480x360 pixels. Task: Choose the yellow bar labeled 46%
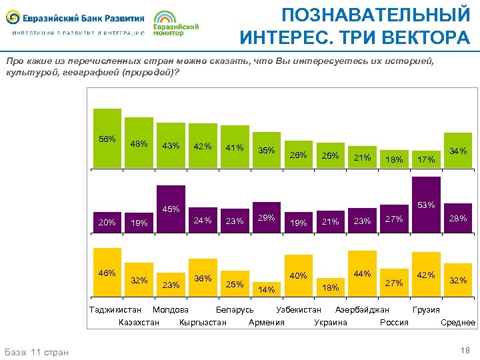[107, 273]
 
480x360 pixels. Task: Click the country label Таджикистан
[115, 310]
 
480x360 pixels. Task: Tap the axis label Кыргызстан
[203, 323]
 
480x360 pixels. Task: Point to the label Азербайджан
[362, 310]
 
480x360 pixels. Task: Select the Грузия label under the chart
[426, 310]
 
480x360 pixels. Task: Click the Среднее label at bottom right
[458, 323]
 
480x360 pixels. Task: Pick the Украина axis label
[330, 323]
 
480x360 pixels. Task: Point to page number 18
[465, 351]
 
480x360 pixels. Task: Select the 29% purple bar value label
[267, 218]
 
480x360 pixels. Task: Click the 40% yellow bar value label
[298, 275]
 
